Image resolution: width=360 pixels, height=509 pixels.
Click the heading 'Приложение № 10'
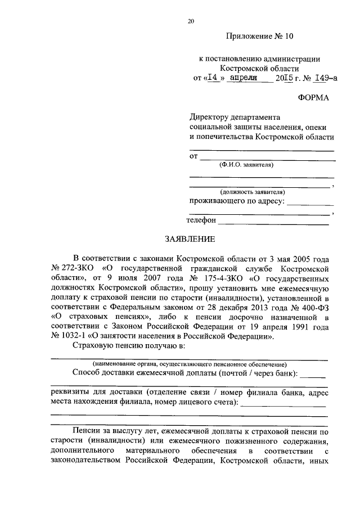click(260, 37)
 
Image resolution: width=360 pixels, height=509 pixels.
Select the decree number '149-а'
click(325, 79)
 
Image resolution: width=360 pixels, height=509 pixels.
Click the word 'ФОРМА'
click(314, 98)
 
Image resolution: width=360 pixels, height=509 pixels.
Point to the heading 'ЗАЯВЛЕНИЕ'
click(190, 239)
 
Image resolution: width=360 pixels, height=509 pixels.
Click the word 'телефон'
click(201, 221)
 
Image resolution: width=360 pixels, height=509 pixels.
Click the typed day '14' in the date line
click(213, 79)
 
